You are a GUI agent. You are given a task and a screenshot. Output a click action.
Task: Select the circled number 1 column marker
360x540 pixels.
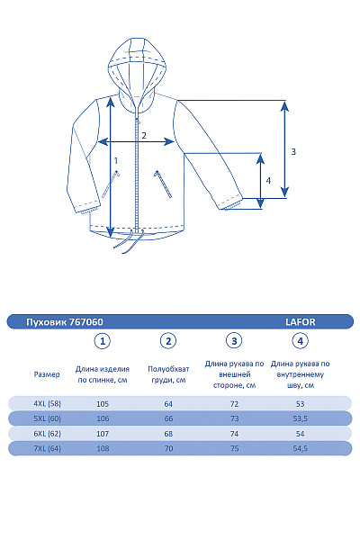point(104,341)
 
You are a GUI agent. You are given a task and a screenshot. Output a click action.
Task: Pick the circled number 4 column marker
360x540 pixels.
point(301,341)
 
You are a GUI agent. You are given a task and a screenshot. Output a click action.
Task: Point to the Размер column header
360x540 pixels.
point(47,373)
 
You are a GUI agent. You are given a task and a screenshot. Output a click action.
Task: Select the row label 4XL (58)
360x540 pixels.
point(47,403)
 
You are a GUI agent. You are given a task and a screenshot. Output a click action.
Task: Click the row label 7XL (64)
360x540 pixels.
point(47,447)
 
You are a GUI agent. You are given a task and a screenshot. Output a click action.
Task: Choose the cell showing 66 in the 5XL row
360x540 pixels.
point(168,418)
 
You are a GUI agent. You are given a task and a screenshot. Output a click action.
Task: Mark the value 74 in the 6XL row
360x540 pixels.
point(234,433)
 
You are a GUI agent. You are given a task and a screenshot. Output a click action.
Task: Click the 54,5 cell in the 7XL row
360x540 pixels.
point(301,447)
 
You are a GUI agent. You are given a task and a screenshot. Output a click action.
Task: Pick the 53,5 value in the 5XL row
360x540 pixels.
point(301,418)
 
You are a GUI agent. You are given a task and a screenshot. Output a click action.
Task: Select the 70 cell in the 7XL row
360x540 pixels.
point(168,447)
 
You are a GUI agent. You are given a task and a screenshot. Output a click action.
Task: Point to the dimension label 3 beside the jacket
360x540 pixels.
point(293,152)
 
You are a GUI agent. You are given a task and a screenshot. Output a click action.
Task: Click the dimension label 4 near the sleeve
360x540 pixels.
point(268,180)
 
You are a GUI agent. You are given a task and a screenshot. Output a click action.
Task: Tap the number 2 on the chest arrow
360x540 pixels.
point(143,136)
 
